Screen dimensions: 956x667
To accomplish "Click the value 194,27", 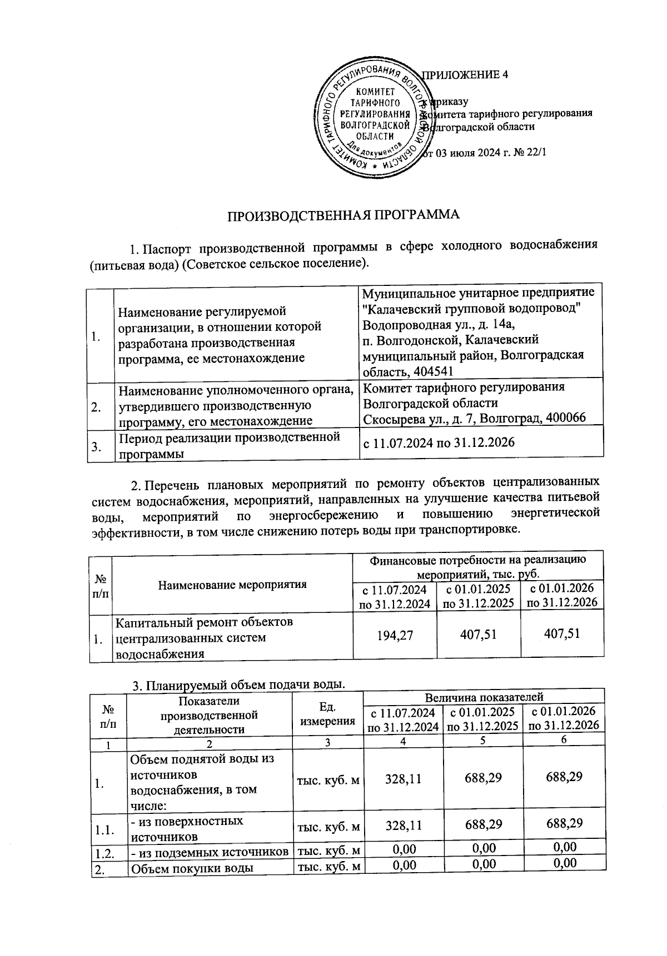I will click(395, 634).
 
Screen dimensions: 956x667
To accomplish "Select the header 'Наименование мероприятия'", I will click(232, 584).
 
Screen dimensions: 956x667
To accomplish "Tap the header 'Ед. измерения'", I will click(327, 714).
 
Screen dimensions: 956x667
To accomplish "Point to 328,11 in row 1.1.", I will click(403, 825).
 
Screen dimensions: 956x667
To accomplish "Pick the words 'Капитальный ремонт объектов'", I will click(204, 622).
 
